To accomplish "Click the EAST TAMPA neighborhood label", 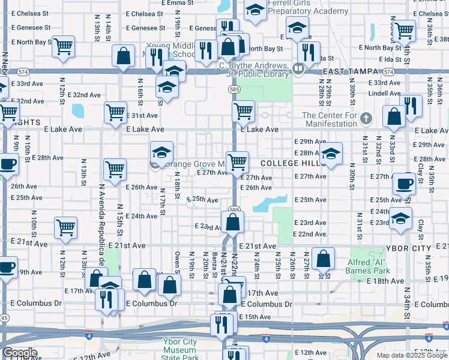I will click(351, 71).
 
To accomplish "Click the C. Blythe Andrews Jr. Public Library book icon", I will click(298, 69).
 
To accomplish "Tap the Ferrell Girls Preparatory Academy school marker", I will click(256, 11).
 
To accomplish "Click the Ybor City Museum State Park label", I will click(180, 350).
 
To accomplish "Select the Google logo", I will click(20, 353).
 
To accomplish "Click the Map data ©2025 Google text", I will click(411, 355).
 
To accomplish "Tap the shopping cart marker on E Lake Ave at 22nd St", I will click(243, 110).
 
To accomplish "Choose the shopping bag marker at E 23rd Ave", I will click(232, 221).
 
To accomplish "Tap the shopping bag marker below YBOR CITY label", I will click(324, 259).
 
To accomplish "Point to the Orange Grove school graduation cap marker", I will click(161, 153).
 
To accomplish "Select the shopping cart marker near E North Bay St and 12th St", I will click(63, 46).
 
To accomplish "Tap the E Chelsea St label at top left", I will click(30, 13).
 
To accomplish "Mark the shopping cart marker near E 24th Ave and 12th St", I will click(65, 227).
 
